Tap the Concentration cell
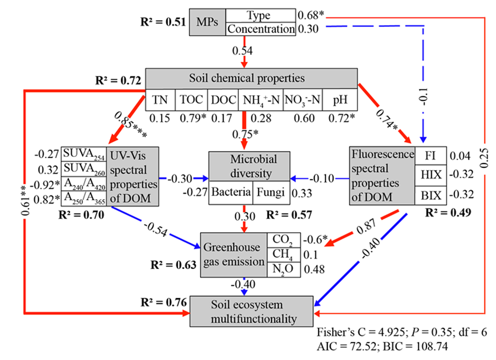260,29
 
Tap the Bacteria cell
231,192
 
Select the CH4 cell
283,254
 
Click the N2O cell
283,268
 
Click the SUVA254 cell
83,155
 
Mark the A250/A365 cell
83,198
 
